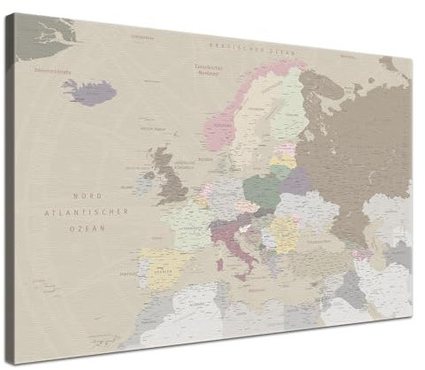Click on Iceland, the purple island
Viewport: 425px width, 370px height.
(90, 90)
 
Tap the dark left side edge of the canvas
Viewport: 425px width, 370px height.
(6, 177)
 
